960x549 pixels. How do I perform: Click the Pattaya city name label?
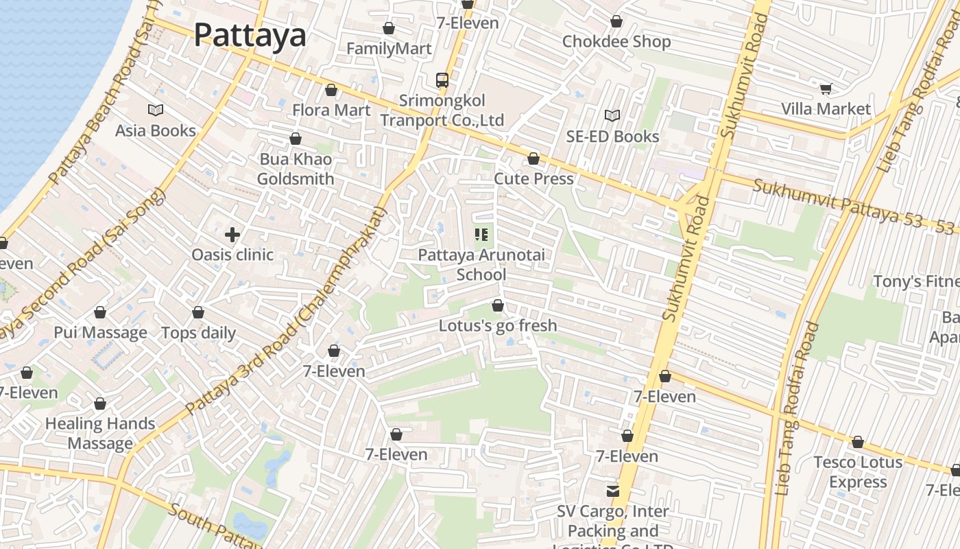pos(250,34)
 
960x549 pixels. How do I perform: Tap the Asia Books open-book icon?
pos(156,110)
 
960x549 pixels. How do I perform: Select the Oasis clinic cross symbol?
pos(232,235)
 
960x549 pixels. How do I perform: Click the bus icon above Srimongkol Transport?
pos(442,80)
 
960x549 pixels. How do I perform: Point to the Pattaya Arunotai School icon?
pos(481,235)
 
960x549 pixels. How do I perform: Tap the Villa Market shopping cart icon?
pos(826,89)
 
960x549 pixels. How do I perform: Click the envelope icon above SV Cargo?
pos(612,491)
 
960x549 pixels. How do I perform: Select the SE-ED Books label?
pos(612,137)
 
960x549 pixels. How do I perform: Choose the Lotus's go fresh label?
pos(498,325)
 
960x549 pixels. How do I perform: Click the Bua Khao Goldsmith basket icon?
pos(296,139)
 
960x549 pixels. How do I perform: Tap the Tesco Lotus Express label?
pos(858,472)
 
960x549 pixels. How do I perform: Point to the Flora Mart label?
pos(331,110)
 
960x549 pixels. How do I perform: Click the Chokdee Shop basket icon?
pos(616,21)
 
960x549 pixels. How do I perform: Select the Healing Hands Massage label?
pos(100,433)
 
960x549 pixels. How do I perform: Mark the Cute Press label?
pos(533,178)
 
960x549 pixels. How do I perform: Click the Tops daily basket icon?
pos(198,313)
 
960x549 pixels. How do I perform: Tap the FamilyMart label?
pos(389,49)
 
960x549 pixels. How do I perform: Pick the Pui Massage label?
pos(100,333)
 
